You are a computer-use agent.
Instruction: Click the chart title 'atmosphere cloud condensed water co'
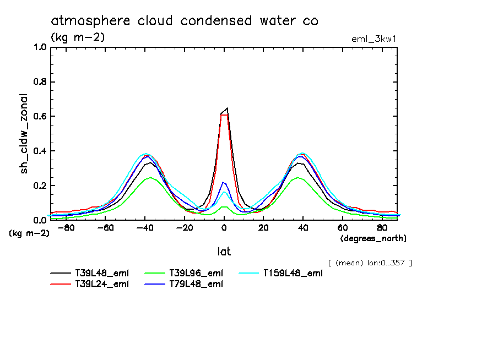[185, 21]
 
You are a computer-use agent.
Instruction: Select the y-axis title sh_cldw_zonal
[25, 134]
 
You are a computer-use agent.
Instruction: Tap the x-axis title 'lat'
[224, 252]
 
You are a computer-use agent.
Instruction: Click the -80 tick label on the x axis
[66, 227]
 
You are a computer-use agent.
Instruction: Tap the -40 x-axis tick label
[145, 227]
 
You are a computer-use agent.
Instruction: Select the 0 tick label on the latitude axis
[224, 227]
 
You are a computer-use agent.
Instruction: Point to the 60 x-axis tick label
[343, 227]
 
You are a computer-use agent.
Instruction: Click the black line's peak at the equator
[227, 108]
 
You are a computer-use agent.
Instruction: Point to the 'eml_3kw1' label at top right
[374, 39]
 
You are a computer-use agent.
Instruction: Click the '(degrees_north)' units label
[373, 238]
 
